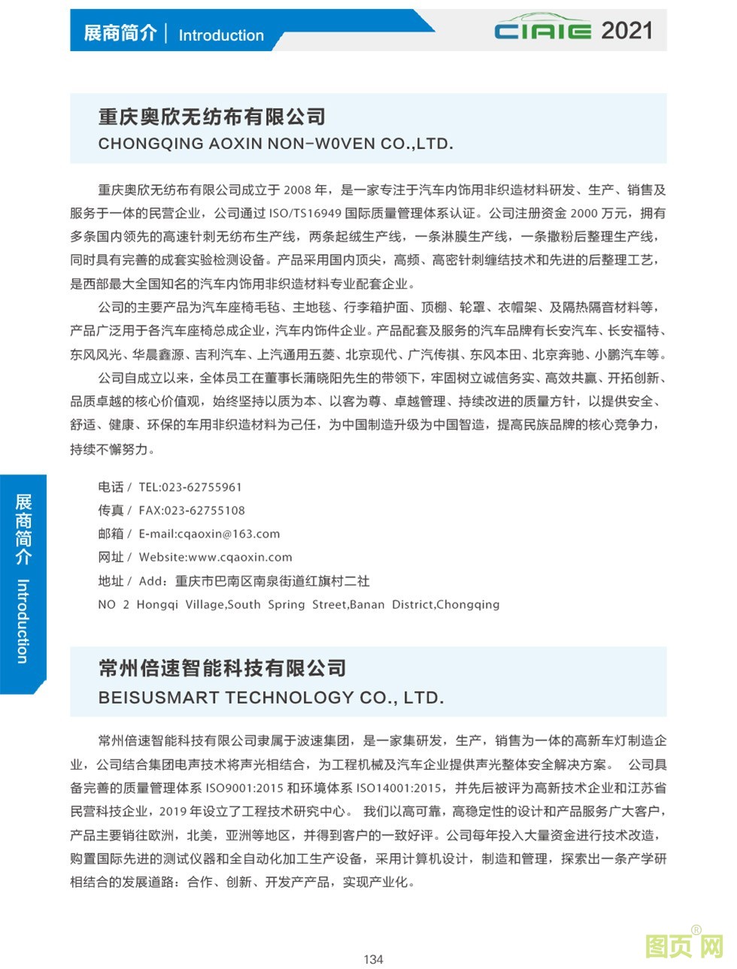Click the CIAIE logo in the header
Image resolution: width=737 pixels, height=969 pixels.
[x=543, y=29]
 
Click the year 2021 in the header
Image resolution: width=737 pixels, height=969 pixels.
[x=626, y=30]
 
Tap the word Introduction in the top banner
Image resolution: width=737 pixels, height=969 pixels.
[x=221, y=35]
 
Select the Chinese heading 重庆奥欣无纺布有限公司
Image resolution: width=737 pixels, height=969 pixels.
[x=212, y=117]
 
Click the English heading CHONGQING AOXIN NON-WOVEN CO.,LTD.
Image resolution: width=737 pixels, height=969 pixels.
[x=275, y=144]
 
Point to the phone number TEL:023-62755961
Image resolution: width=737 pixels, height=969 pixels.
[x=190, y=487]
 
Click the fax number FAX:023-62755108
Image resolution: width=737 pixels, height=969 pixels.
[x=192, y=510]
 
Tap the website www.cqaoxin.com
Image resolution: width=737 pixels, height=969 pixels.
[x=240, y=557]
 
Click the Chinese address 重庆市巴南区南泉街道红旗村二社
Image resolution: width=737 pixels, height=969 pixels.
[x=272, y=581]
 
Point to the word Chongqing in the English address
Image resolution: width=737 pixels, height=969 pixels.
[x=467, y=604]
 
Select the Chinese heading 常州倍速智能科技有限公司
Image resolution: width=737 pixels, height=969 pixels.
[x=222, y=668]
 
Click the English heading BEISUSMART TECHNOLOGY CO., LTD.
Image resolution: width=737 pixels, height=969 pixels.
[x=271, y=698]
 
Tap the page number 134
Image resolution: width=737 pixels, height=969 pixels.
[x=373, y=959]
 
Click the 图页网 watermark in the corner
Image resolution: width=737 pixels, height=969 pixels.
[x=684, y=946]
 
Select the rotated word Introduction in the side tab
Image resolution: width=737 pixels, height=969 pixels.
[x=23, y=621]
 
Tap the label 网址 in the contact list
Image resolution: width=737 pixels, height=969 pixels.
[x=111, y=557]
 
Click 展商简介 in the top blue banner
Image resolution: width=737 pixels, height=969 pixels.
[x=120, y=33]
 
